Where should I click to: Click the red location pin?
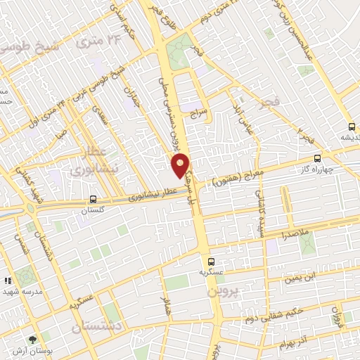point(180,166)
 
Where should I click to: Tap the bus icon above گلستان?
point(94,199)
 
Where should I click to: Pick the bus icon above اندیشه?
point(352,127)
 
